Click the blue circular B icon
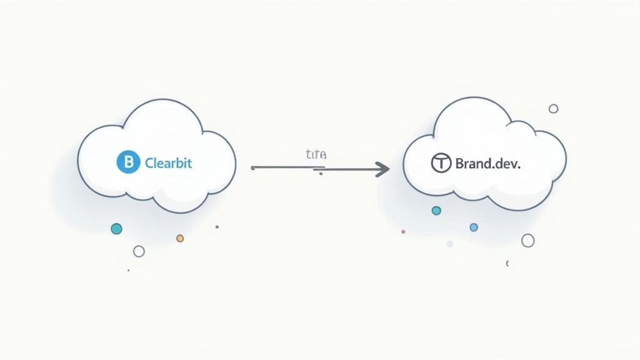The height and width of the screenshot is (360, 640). pyautogui.click(x=126, y=163)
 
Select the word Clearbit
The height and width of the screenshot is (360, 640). pyautogui.click(x=168, y=163)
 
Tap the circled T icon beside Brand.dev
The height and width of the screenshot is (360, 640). pyautogui.click(x=441, y=164)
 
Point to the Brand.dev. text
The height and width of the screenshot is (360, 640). pyautogui.click(x=487, y=164)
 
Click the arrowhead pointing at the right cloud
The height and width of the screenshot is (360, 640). pyautogui.click(x=382, y=168)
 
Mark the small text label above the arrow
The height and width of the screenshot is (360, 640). pyautogui.click(x=316, y=154)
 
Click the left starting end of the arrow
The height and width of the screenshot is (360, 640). pyautogui.click(x=252, y=168)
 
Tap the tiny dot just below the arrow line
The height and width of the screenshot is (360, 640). pyautogui.click(x=321, y=174)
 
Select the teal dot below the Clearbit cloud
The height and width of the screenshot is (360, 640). pyautogui.click(x=116, y=229)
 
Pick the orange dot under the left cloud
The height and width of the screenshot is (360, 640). pyautogui.click(x=180, y=238)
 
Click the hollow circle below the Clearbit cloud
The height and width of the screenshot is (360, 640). pyautogui.click(x=139, y=251)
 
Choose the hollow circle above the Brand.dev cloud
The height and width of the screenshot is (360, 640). pyautogui.click(x=553, y=109)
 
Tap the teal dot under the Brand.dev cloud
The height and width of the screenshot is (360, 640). pyautogui.click(x=436, y=211)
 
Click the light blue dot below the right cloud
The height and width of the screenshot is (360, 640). pyautogui.click(x=473, y=227)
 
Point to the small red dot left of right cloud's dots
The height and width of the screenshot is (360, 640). pyautogui.click(x=403, y=231)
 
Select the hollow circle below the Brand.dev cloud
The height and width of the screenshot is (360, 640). pyautogui.click(x=527, y=241)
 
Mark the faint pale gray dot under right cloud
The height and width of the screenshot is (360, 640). pyautogui.click(x=449, y=244)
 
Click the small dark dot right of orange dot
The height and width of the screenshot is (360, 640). pyautogui.click(x=217, y=227)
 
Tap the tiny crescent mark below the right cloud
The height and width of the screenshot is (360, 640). pyautogui.click(x=507, y=264)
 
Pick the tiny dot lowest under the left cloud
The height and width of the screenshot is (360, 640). pyautogui.click(x=128, y=271)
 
